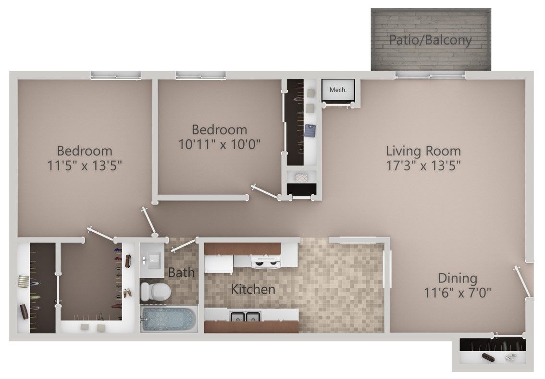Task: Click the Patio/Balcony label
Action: [x=430, y=40]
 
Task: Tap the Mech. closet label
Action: [x=337, y=89]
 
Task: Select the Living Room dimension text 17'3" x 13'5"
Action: [x=423, y=166]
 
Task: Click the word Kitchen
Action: [x=253, y=289]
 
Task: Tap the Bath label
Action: [x=182, y=272]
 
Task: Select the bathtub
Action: [x=169, y=319]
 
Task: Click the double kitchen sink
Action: [x=245, y=317]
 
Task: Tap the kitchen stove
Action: [x=266, y=261]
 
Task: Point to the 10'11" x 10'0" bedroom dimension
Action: [x=219, y=143]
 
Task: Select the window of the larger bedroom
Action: [x=116, y=75]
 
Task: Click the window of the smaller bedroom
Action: [x=200, y=75]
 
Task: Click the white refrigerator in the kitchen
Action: [x=218, y=263]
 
